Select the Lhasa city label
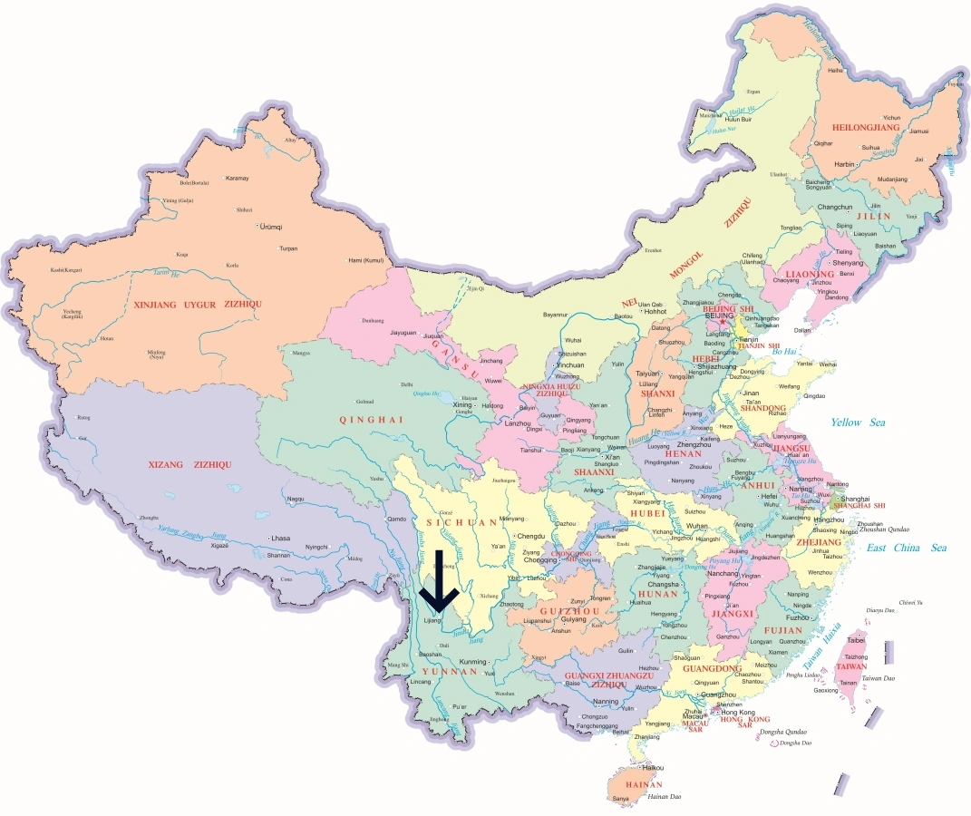point(279,538)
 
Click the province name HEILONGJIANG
point(858,128)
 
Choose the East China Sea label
point(907,548)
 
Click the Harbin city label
point(844,164)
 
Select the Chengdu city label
point(531,536)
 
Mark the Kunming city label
point(473,661)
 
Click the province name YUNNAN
point(450,672)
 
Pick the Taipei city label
point(857,639)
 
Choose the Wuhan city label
point(696,526)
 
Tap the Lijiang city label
point(432,621)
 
